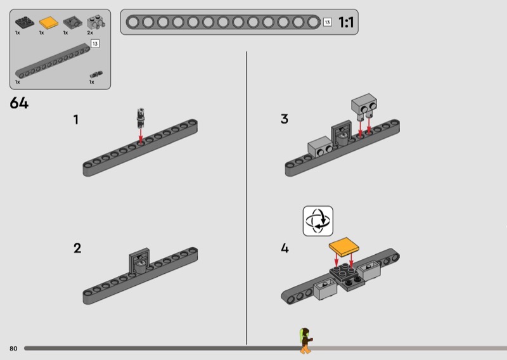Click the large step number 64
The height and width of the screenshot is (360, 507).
coord(19,103)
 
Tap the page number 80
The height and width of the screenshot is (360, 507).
coord(13,349)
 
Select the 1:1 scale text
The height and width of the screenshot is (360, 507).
coord(346,22)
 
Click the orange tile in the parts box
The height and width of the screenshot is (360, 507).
coord(49,23)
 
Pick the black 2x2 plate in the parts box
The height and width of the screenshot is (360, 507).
coord(25,22)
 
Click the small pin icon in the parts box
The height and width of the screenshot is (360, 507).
coord(96,75)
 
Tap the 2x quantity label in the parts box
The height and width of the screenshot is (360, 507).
coord(90,33)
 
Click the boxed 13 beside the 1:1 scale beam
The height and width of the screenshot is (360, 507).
coord(327,22)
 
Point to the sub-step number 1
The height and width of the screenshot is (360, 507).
coord(76,120)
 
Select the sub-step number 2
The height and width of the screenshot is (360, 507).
coord(77,248)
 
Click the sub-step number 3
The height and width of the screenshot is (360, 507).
coord(284,119)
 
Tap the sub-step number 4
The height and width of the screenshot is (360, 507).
coord(285,248)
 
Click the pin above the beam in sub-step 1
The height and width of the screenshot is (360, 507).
coord(140,119)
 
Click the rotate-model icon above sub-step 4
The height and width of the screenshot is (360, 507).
coord(318,221)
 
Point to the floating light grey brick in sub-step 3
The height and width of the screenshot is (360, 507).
coord(364,105)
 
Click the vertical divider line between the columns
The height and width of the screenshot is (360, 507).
coord(247,198)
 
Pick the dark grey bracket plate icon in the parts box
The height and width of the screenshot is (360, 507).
coord(73,23)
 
